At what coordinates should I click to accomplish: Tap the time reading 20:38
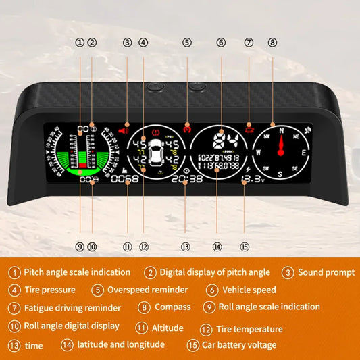tap(192, 179)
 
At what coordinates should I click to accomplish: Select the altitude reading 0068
tap(125, 179)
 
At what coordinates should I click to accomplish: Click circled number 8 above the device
tap(272, 43)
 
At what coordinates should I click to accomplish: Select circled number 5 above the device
tap(187, 43)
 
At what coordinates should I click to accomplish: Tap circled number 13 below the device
tap(186, 247)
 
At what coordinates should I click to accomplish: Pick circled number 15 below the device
tap(246, 247)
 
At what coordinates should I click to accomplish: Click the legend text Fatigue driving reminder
tap(72, 308)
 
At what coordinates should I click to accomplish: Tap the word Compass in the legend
tap(173, 307)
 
